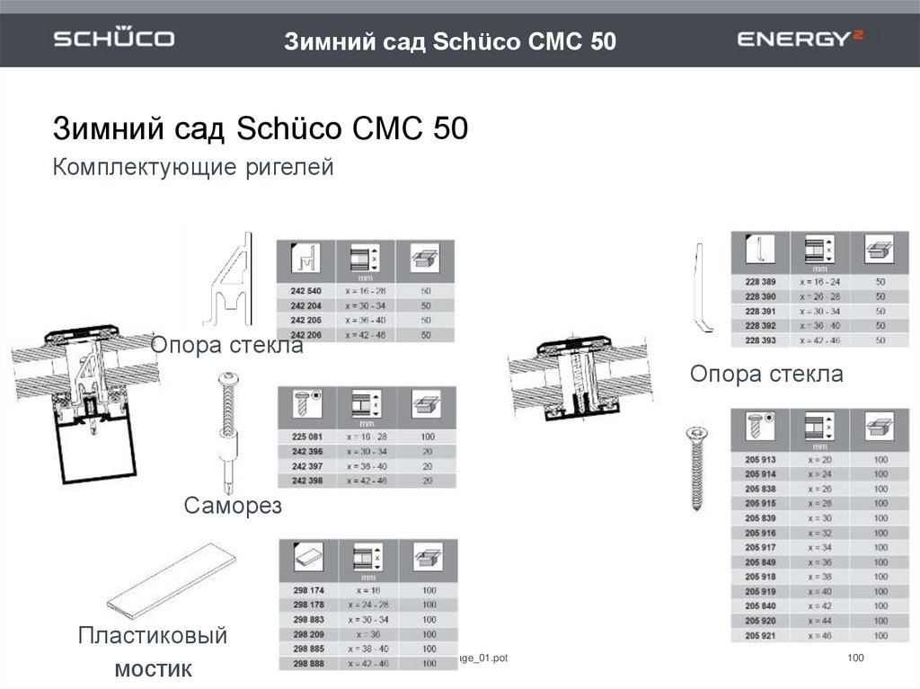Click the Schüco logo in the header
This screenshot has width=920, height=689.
(113, 40)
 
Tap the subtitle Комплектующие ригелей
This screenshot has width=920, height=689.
(193, 167)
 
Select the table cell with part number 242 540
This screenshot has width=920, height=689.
(305, 291)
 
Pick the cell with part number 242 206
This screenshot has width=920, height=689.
(305, 334)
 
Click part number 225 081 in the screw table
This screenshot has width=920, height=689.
(307, 436)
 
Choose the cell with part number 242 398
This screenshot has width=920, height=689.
(307, 481)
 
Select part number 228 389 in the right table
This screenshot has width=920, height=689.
(760, 281)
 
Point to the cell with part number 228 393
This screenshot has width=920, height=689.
(760, 340)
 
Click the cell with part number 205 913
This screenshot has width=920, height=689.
(760, 459)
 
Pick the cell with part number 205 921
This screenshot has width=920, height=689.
(760, 635)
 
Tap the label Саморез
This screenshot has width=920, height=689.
(233, 506)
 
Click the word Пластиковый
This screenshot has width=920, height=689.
(152, 637)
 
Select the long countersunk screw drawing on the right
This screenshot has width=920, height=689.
(697, 467)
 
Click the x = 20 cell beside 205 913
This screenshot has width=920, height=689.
(819, 459)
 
